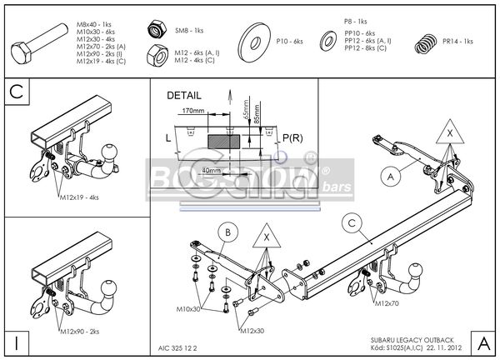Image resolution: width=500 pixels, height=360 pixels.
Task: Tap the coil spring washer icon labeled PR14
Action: tap(427, 41)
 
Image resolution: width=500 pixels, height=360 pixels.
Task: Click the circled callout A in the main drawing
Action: tap(388, 175)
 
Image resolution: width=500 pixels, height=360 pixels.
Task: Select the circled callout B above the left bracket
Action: tap(225, 232)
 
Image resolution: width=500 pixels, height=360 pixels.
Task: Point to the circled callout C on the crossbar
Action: tap(352, 222)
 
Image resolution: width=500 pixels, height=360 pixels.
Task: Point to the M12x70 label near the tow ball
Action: tap(388, 304)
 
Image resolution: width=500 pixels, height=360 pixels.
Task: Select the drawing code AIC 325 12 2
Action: tap(179, 347)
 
